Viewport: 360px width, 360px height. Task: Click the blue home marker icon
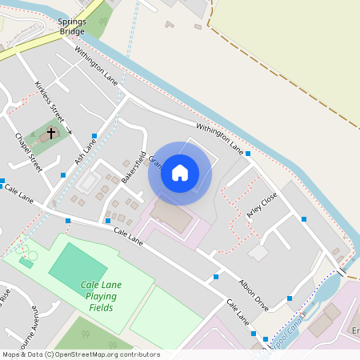(180, 173)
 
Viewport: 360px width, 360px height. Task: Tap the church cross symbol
(52, 134)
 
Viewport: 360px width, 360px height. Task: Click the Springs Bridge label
(72, 28)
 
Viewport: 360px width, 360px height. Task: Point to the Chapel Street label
(28, 152)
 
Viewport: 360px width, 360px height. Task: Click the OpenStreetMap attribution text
(80, 354)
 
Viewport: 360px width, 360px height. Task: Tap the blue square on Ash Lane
(94, 135)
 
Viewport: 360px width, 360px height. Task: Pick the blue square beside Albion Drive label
(216, 277)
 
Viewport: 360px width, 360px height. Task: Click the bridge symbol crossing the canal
(342, 273)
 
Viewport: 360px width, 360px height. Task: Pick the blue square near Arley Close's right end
(304, 218)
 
